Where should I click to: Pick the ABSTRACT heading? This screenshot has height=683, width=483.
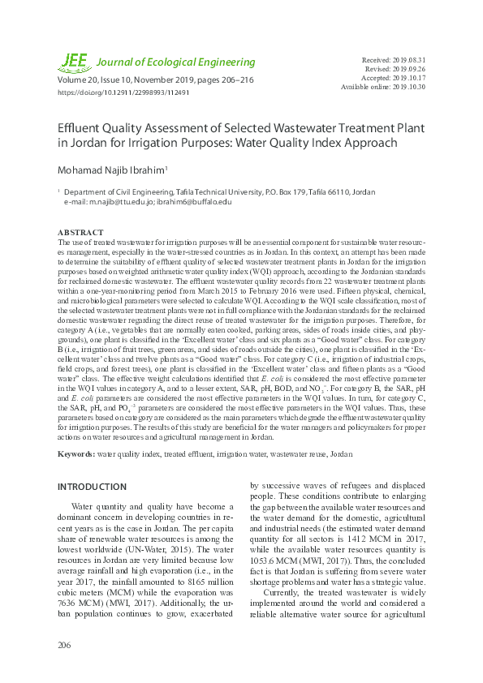coord(81,232)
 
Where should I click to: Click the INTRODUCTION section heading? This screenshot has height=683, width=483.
coord(92,487)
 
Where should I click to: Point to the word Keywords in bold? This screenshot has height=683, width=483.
coord(76,453)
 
